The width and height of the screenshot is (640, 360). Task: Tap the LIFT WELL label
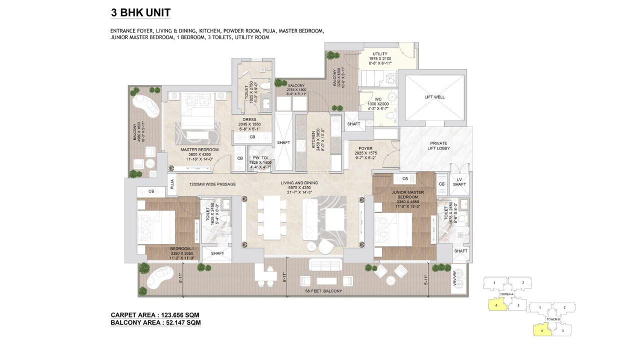434,97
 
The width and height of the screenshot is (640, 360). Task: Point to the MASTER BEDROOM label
199,149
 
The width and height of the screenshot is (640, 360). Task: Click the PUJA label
171,184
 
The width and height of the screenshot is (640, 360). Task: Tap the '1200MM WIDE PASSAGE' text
212,184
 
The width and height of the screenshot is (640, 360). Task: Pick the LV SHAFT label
459,182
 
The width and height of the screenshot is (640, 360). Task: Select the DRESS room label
249,120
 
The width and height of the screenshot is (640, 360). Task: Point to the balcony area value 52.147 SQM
178,323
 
